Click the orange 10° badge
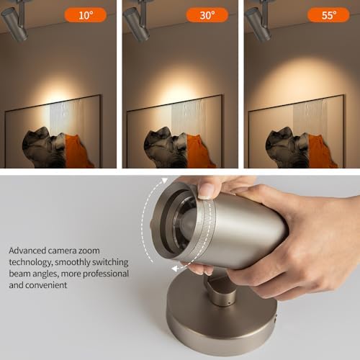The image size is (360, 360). pyautogui.click(x=85, y=14)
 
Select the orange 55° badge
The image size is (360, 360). pyautogui.click(x=328, y=14)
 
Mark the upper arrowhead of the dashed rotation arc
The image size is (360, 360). pyautogui.click(x=164, y=181)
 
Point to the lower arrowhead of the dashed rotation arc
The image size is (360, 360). pyautogui.click(x=174, y=268)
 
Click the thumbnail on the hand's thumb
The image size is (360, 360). pyautogui.click(x=207, y=190)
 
